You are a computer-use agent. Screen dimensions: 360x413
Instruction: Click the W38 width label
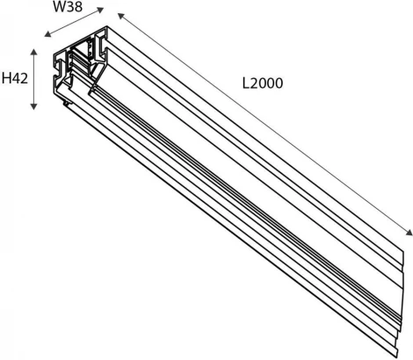(x=69, y=8)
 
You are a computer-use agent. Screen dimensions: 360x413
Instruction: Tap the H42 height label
(x=14, y=79)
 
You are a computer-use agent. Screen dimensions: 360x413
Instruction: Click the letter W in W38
(x=59, y=8)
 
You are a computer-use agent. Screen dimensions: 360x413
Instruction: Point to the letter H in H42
(x=6, y=79)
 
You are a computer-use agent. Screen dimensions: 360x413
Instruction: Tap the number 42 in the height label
(x=19, y=79)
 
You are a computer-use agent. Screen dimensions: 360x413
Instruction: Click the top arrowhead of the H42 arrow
(x=34, y=52)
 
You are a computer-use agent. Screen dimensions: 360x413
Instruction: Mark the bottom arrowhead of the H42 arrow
(x=34, y=108)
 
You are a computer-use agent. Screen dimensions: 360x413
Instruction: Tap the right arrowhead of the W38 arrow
(x=101, y=11)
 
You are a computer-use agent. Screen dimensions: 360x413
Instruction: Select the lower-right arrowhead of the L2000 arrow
(x=409, y=233)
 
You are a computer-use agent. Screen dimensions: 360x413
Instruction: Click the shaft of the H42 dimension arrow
(x=34, y=79)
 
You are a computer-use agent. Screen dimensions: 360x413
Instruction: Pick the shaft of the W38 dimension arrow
(x=74, y=24)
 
